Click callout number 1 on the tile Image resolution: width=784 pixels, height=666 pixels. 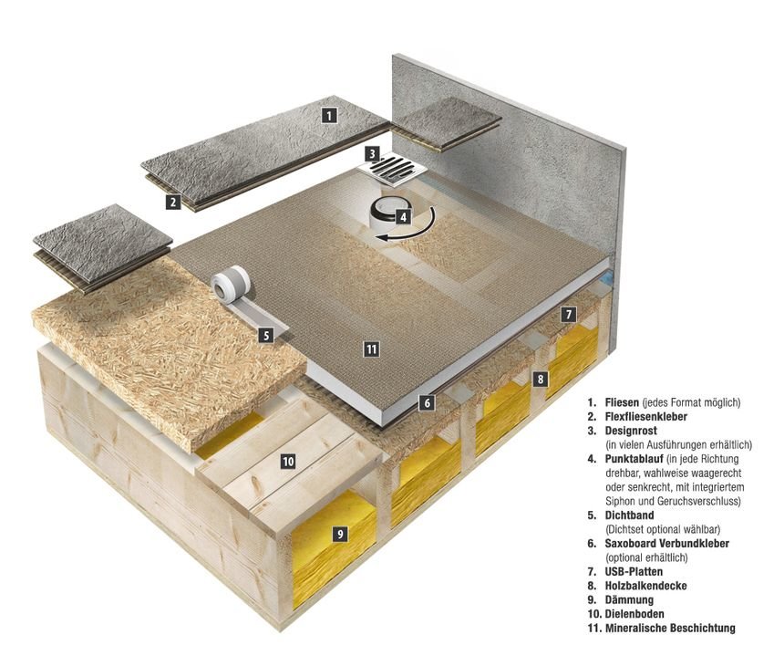pyautogui.click(x=329, y=115)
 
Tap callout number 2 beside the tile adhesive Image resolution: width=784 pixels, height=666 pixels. pyautogui.click(x=172, y=203)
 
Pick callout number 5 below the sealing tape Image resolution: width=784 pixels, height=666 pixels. pyautogui.click(x=265, y=335)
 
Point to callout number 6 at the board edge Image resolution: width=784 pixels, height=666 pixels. pyautogui.click(x=426, y=401)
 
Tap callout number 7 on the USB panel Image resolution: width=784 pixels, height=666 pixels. pyautogui.click(x=568, y=314)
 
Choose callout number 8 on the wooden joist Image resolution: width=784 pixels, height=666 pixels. pyautogui.click(x=541, y=378)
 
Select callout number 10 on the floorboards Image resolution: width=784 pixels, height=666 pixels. pyautogui.click(x=288, y=462)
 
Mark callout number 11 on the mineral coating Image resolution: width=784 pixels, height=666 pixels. pyautogui.click(x=369, y=349)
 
